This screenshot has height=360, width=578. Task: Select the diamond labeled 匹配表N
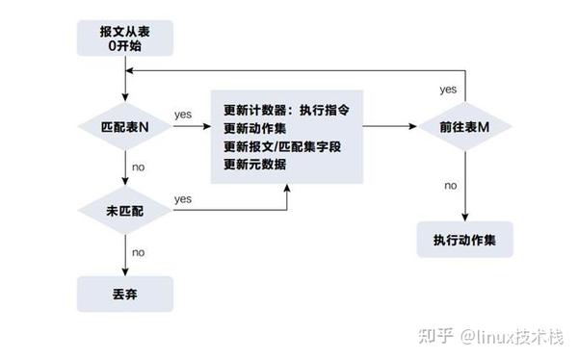tap(126, 125)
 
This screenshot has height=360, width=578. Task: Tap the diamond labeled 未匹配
tap(126, 210)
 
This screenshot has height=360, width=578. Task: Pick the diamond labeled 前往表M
tap(465, 126)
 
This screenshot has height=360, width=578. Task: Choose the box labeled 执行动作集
tap(465, 239)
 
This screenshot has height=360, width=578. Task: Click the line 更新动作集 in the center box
tap(254, 129)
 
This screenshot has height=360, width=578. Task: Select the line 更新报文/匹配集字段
tap(282, 146)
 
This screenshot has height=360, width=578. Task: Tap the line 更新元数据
tap(254, 165)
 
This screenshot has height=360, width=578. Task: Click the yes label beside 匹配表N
tap(183, 115)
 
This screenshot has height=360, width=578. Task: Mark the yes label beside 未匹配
tap(183, 198)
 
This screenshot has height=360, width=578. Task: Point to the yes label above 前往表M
tap(448, 89)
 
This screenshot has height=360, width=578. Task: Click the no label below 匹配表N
tap(139, 167)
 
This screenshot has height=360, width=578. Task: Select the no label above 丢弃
tap(139, 252)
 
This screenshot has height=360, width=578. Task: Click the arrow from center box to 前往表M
tap(385, 126)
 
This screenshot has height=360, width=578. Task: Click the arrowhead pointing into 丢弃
tap(126, 272)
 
